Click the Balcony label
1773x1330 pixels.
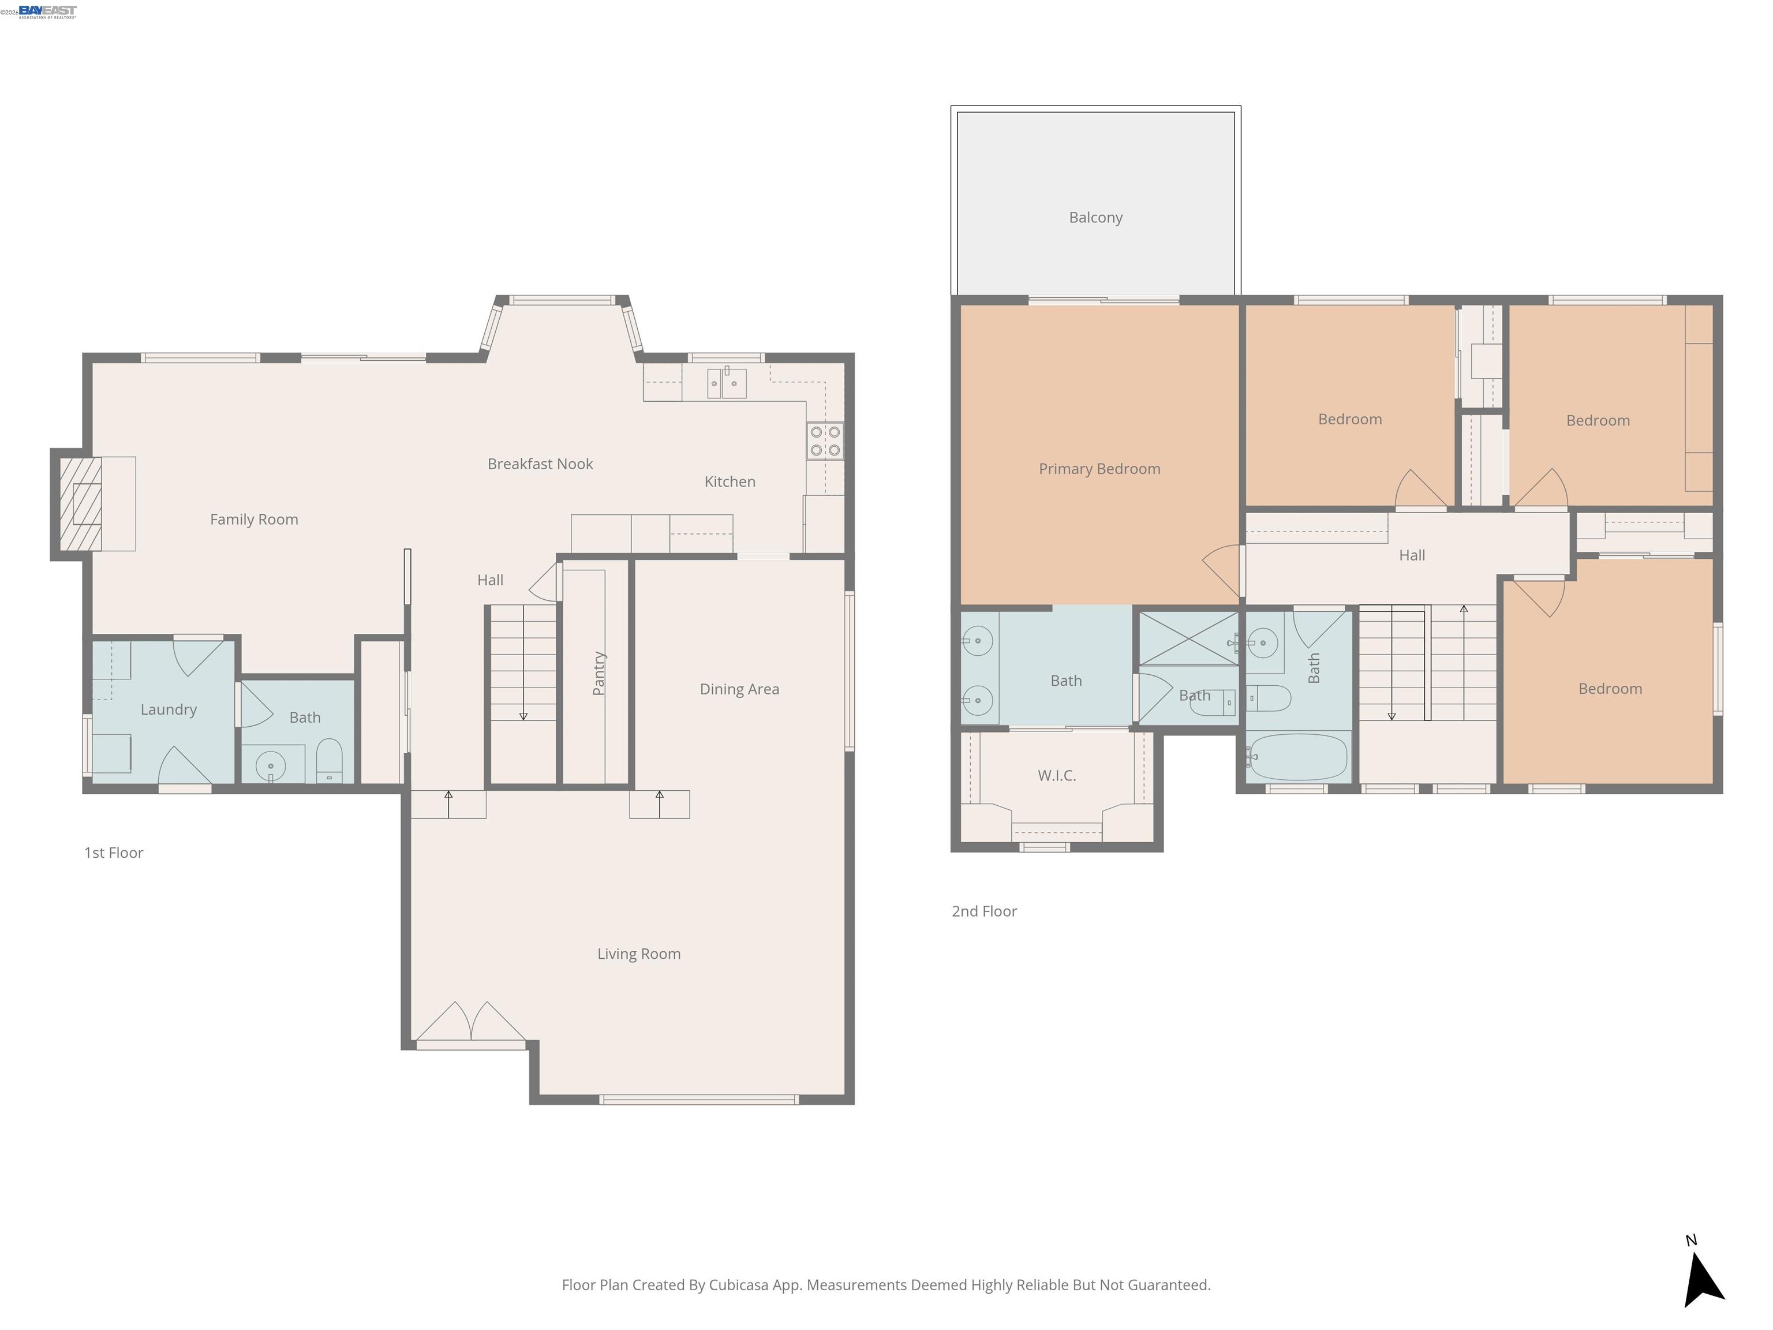pyautogui.click(x=1095, y=217)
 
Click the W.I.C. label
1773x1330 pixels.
pyautogui.click(x=1056, y=775)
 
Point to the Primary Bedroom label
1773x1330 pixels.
pyautogui.click(x=1099, y=469)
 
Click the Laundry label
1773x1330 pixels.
pyautogui.click(x=169, y=709)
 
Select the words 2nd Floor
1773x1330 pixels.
pyautogui.click(x=983, y=911)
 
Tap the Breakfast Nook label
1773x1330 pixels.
pyautogui.click(x=540, y=464)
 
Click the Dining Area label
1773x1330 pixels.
pyautogui.click(x=738, y=689)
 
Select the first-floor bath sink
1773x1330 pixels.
pyautogui.click(x=271, y=767)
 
